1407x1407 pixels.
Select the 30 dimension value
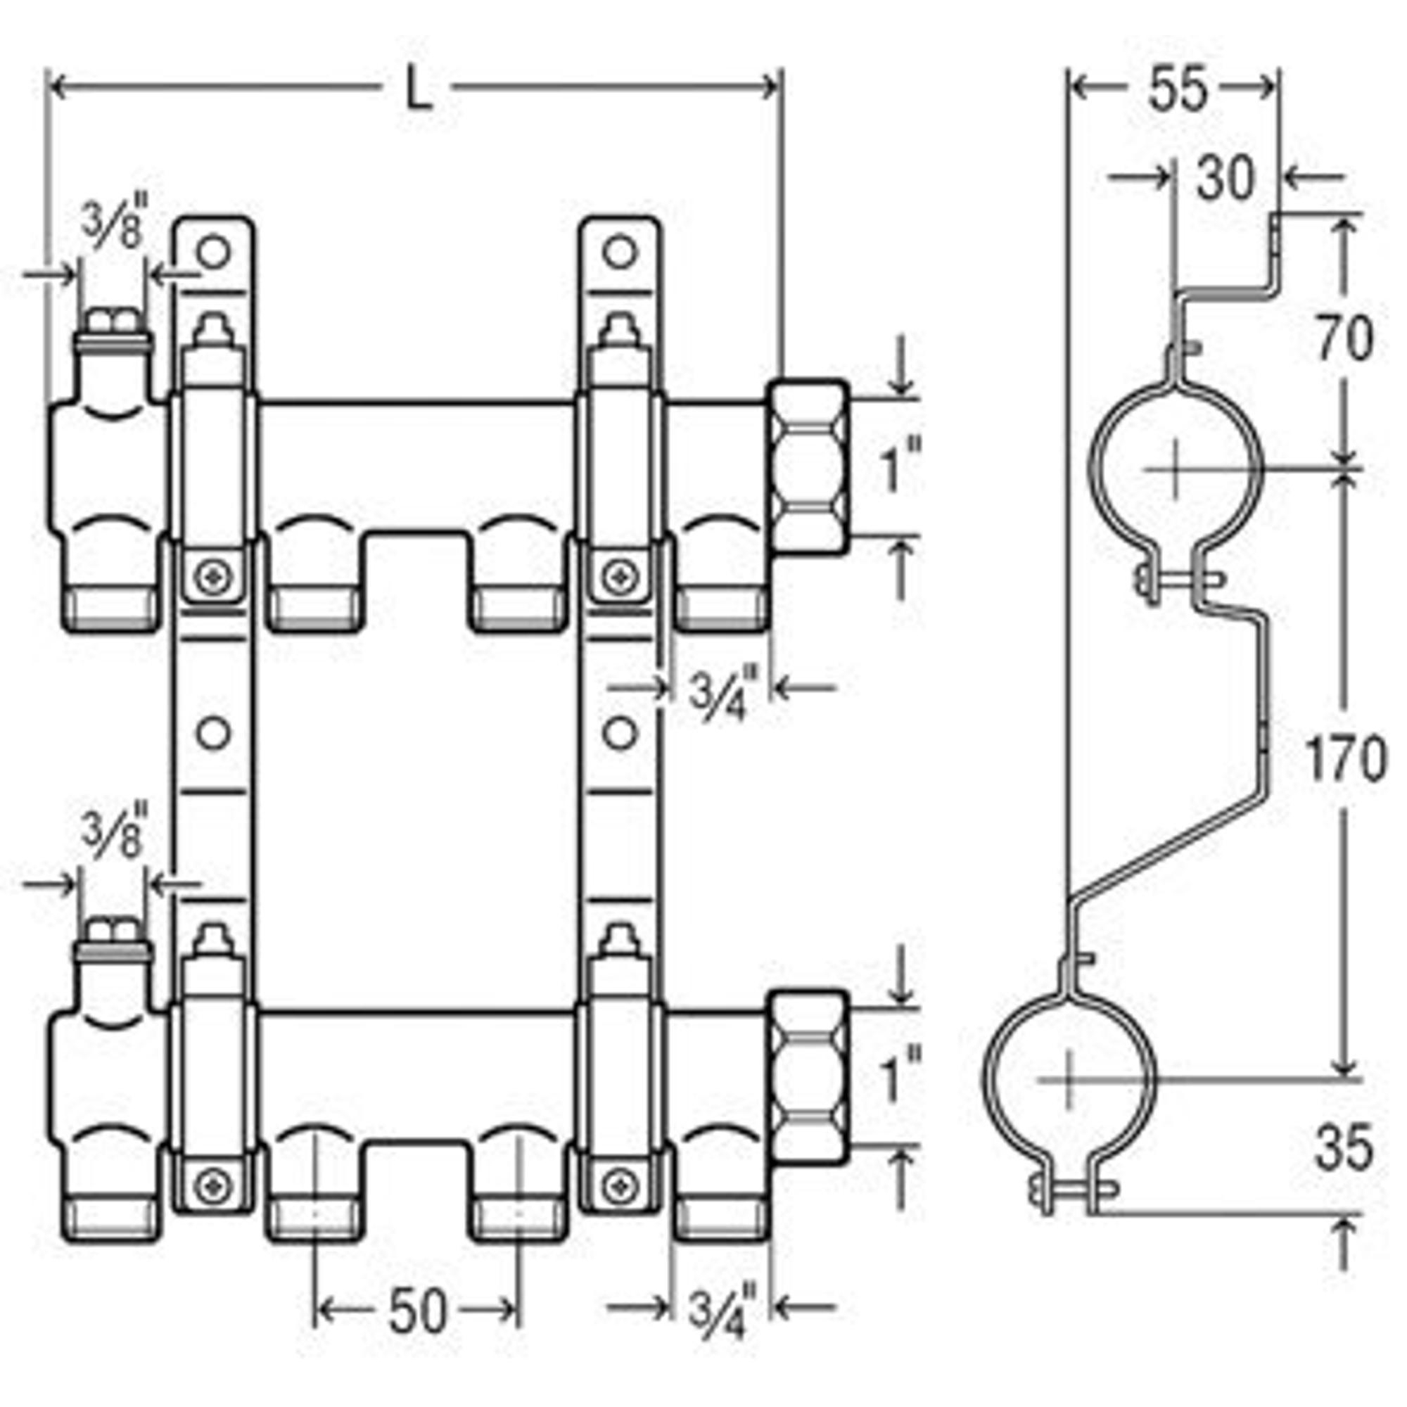point(1226,178)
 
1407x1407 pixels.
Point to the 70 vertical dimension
point(1344,339)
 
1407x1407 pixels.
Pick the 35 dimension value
point(1344,1147)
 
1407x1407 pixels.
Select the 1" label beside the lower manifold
point(902,1079)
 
